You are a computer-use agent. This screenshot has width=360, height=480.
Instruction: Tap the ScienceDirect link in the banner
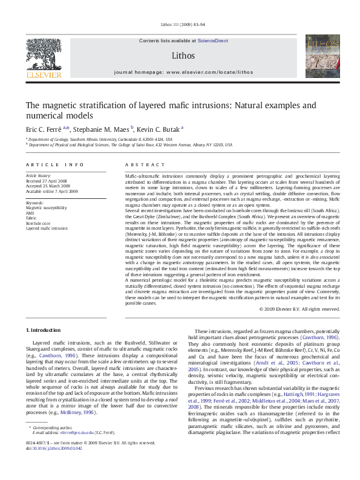point(213,41)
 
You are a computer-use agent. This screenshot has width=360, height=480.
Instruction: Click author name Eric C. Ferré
point(45,129)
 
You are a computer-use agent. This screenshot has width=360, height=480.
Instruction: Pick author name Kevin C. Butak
point(159,129)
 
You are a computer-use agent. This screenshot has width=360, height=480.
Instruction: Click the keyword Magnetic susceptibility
point(47,207)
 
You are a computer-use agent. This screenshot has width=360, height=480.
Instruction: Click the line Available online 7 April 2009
point(51,190)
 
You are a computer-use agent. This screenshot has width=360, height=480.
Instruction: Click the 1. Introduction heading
point(43,330)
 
